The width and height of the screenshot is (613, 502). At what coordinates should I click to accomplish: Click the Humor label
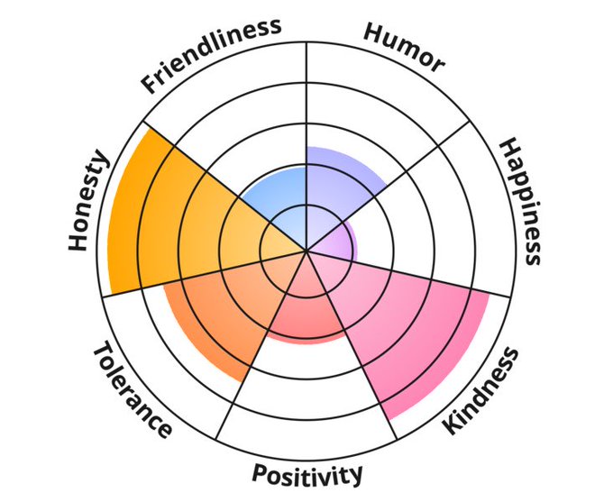tap(403, 45)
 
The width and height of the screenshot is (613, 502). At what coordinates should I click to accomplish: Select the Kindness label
tap(482, 390)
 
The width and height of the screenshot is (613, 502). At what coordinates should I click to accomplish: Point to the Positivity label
tap(307, 474)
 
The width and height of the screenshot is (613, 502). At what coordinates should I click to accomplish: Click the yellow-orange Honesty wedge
tap(171, 216)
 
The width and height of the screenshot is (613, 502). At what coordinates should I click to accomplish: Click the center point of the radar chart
tap(306, 251)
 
